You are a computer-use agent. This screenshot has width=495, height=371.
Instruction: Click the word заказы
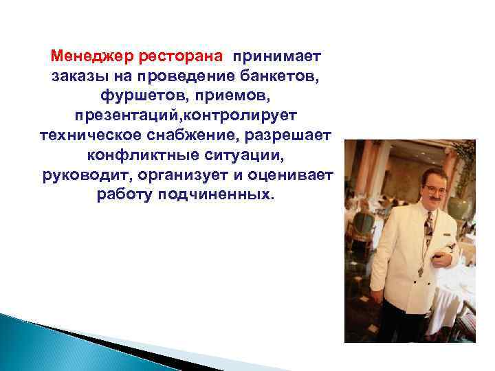[76, 74]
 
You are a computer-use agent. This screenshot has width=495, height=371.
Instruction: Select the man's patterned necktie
[428, 227]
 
